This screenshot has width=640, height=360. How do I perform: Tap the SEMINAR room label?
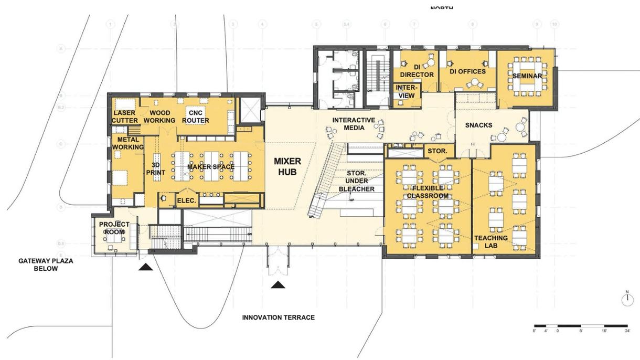pos(527,76)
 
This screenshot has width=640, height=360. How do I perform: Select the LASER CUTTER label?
pos(124,117)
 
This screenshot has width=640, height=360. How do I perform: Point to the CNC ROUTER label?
pos(196,117)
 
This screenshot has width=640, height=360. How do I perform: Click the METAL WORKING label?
pos(127,143)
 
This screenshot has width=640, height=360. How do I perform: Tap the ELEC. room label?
pos(187,200)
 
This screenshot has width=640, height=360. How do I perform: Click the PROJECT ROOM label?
pos(114,228)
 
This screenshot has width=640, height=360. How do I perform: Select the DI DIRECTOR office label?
pos(417,71)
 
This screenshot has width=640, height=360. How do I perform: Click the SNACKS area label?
pos(478,125)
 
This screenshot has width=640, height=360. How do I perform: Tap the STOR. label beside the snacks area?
pos(438,151)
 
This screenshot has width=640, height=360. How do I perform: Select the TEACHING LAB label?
pos(491,241)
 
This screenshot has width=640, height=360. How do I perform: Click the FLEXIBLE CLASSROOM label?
pos(428,192)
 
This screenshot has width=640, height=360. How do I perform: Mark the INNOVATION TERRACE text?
pos(278,317)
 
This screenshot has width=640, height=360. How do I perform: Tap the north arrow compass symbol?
pos(627,299)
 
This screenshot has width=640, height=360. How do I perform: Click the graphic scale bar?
pos(581,326)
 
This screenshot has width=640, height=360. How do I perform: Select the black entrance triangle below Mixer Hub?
pos(278,285)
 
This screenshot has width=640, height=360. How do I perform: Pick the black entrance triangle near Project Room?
pos(146,267)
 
